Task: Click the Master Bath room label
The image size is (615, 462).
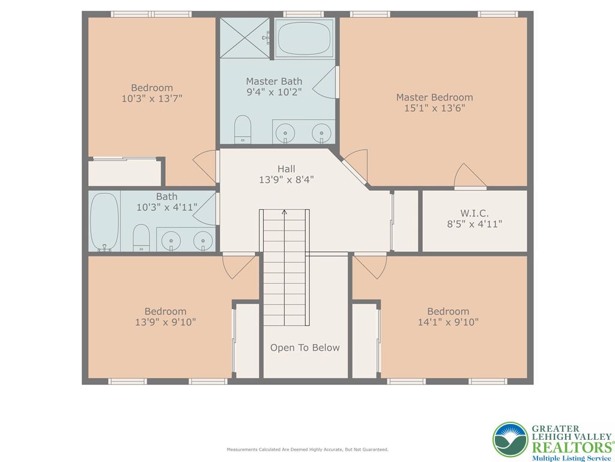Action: point(274,81)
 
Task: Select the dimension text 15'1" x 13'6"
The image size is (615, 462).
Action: point(435,108)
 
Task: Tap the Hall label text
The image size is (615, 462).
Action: point(286,168)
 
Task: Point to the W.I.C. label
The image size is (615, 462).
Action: point(474,213)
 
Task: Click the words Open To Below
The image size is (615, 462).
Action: point(304,348)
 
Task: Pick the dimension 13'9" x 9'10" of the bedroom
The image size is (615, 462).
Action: point(165,322)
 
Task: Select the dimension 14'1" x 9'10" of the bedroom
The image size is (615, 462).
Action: point(448,322)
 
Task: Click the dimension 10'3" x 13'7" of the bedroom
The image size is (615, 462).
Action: point(152,98)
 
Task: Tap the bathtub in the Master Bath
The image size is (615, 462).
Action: point(304,37)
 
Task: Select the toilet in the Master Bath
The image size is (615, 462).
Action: point(243,129)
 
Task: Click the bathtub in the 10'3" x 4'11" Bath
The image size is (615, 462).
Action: point(105,221)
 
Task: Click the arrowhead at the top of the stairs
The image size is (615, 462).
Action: point(284,211)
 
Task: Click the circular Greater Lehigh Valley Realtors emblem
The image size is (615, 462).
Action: point(510,439)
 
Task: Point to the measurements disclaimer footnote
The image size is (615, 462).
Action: point(307,449)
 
